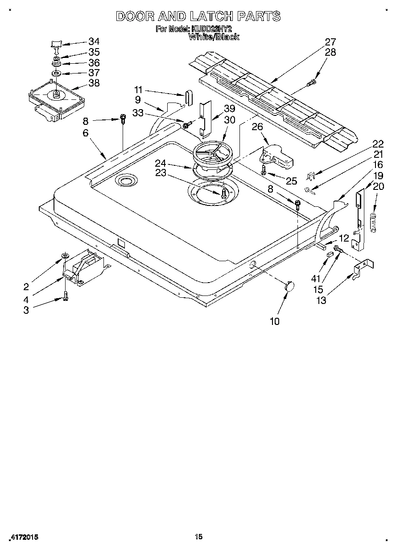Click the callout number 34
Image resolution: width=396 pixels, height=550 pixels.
click(94, 41)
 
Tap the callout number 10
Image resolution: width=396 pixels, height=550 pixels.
click(275, 321)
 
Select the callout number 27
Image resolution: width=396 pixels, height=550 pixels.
click(330, 42)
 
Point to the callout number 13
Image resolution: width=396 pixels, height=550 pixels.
click(321, 300)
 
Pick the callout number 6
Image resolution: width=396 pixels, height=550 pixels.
click(85, 132)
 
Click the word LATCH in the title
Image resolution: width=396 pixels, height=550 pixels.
click(211, 16)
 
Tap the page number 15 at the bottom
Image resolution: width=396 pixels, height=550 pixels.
click(199, 537)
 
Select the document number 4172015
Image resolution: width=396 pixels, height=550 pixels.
click(23, 538)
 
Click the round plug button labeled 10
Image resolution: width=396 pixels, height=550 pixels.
click(289, 286)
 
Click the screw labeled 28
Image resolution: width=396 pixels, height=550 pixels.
click(313, 82)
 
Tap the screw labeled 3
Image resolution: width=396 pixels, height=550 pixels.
click(66, 296)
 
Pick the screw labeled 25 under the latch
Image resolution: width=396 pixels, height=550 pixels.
click(264, 170)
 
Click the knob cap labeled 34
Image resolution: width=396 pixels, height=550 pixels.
click(56, 44)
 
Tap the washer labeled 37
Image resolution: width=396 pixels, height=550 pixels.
click(57, 73)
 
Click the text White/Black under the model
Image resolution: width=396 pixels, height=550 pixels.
click(214, 37)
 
